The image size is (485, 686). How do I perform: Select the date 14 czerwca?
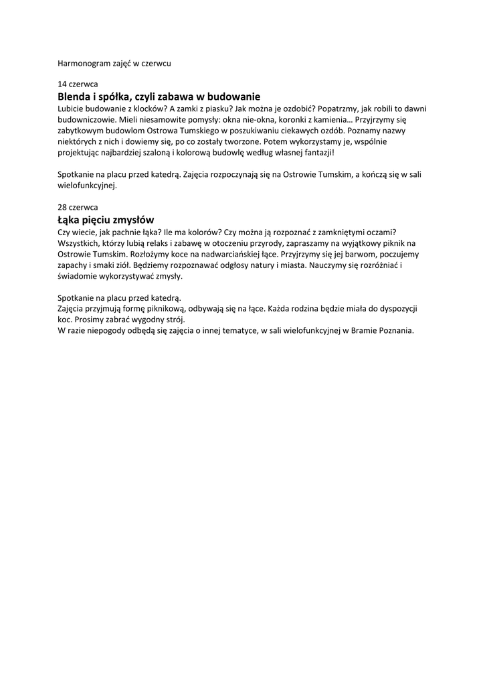[78, 85]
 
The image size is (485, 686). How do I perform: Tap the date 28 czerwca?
[78, 208]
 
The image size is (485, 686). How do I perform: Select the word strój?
[170, 320]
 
